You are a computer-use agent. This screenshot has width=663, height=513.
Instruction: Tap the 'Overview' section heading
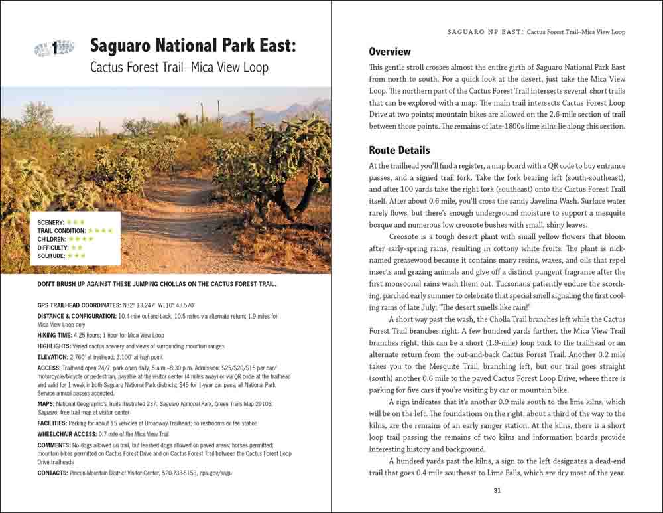coord(390,52)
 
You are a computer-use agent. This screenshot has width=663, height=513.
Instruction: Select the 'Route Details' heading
coord(399,150)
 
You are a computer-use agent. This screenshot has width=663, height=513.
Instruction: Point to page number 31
coord(497,491)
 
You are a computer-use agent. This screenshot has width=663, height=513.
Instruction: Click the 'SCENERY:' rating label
coord(51,222)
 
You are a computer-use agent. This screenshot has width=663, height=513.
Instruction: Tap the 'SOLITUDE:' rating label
coord(52,256)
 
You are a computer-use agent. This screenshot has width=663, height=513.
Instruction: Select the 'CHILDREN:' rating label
coord(52,239)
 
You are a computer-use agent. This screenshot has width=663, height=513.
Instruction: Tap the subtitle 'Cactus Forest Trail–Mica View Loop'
coord(179,68)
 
